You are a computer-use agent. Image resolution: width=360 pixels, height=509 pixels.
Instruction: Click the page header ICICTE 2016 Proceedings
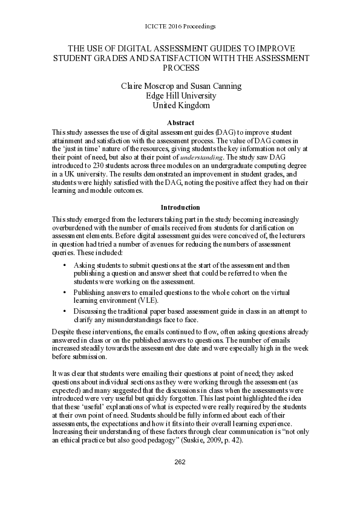click(x=181, y=27)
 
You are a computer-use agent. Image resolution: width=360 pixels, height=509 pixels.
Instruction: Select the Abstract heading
click(x=180, y=123)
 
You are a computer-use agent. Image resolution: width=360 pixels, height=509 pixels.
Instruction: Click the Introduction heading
click(x=180, y=207)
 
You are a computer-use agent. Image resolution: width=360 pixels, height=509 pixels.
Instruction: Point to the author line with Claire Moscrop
click(x=180, y=86)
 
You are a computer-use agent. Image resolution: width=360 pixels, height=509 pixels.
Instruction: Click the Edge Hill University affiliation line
click(x=180, y=96)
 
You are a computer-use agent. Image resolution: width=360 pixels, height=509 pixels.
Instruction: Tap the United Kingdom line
click(x=180, y=105)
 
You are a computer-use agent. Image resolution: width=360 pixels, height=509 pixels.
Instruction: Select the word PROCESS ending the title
click(x=180, y=68)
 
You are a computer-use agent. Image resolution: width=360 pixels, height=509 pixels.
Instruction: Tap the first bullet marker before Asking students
click(x=65, y=265)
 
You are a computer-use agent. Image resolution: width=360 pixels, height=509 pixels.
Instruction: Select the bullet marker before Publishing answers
click(x=65, y=292)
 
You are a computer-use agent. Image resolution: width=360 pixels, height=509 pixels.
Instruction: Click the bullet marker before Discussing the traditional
click(x=65, y=311)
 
